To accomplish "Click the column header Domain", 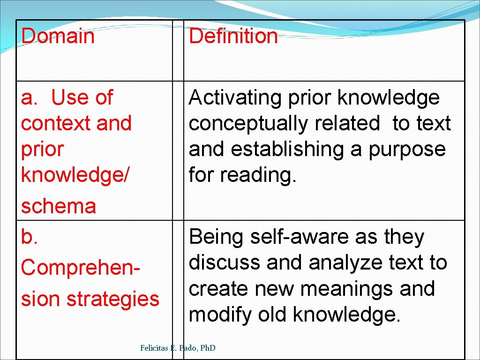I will tap(58, 36).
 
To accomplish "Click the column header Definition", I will tap(233, 36).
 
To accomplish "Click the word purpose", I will tap(407, 150).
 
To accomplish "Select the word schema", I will tap(59, 206).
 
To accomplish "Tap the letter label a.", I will tap(29, 98).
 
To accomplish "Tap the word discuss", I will tap(225, 263).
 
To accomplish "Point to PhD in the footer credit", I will tap(206, 348).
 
